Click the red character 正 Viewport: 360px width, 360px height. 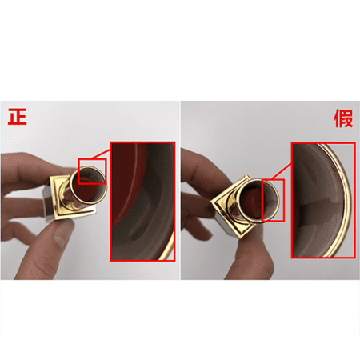18,117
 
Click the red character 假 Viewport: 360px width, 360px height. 343,118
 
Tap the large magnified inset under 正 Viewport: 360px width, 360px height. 142,202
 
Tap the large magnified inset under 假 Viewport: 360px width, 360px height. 323,200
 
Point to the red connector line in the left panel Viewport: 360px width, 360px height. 101,154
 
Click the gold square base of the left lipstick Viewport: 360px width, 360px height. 73,198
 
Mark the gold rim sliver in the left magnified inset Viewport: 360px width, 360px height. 167,246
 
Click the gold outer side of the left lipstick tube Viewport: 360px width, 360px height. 68,198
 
